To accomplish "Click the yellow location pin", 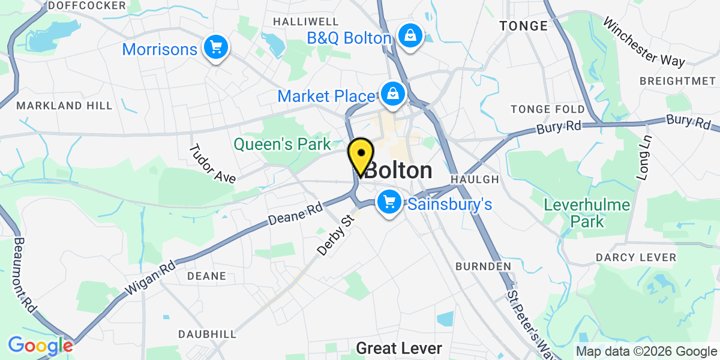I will (x=361, y=155).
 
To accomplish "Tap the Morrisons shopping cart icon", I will (x=215, y=47).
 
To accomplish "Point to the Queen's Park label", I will (x=282, y=144).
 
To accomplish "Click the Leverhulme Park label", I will (x=587, y=213).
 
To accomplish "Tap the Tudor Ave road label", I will (x=212, y=163).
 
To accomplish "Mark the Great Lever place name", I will (x=399, y=348).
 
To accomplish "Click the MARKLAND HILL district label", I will (x=65, y=106).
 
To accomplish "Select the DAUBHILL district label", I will (x=202, y=334).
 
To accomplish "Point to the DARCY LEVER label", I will (x=636, y=257).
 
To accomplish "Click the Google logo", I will (x=40, y=346).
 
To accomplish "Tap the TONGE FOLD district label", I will (x=547, y=109).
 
